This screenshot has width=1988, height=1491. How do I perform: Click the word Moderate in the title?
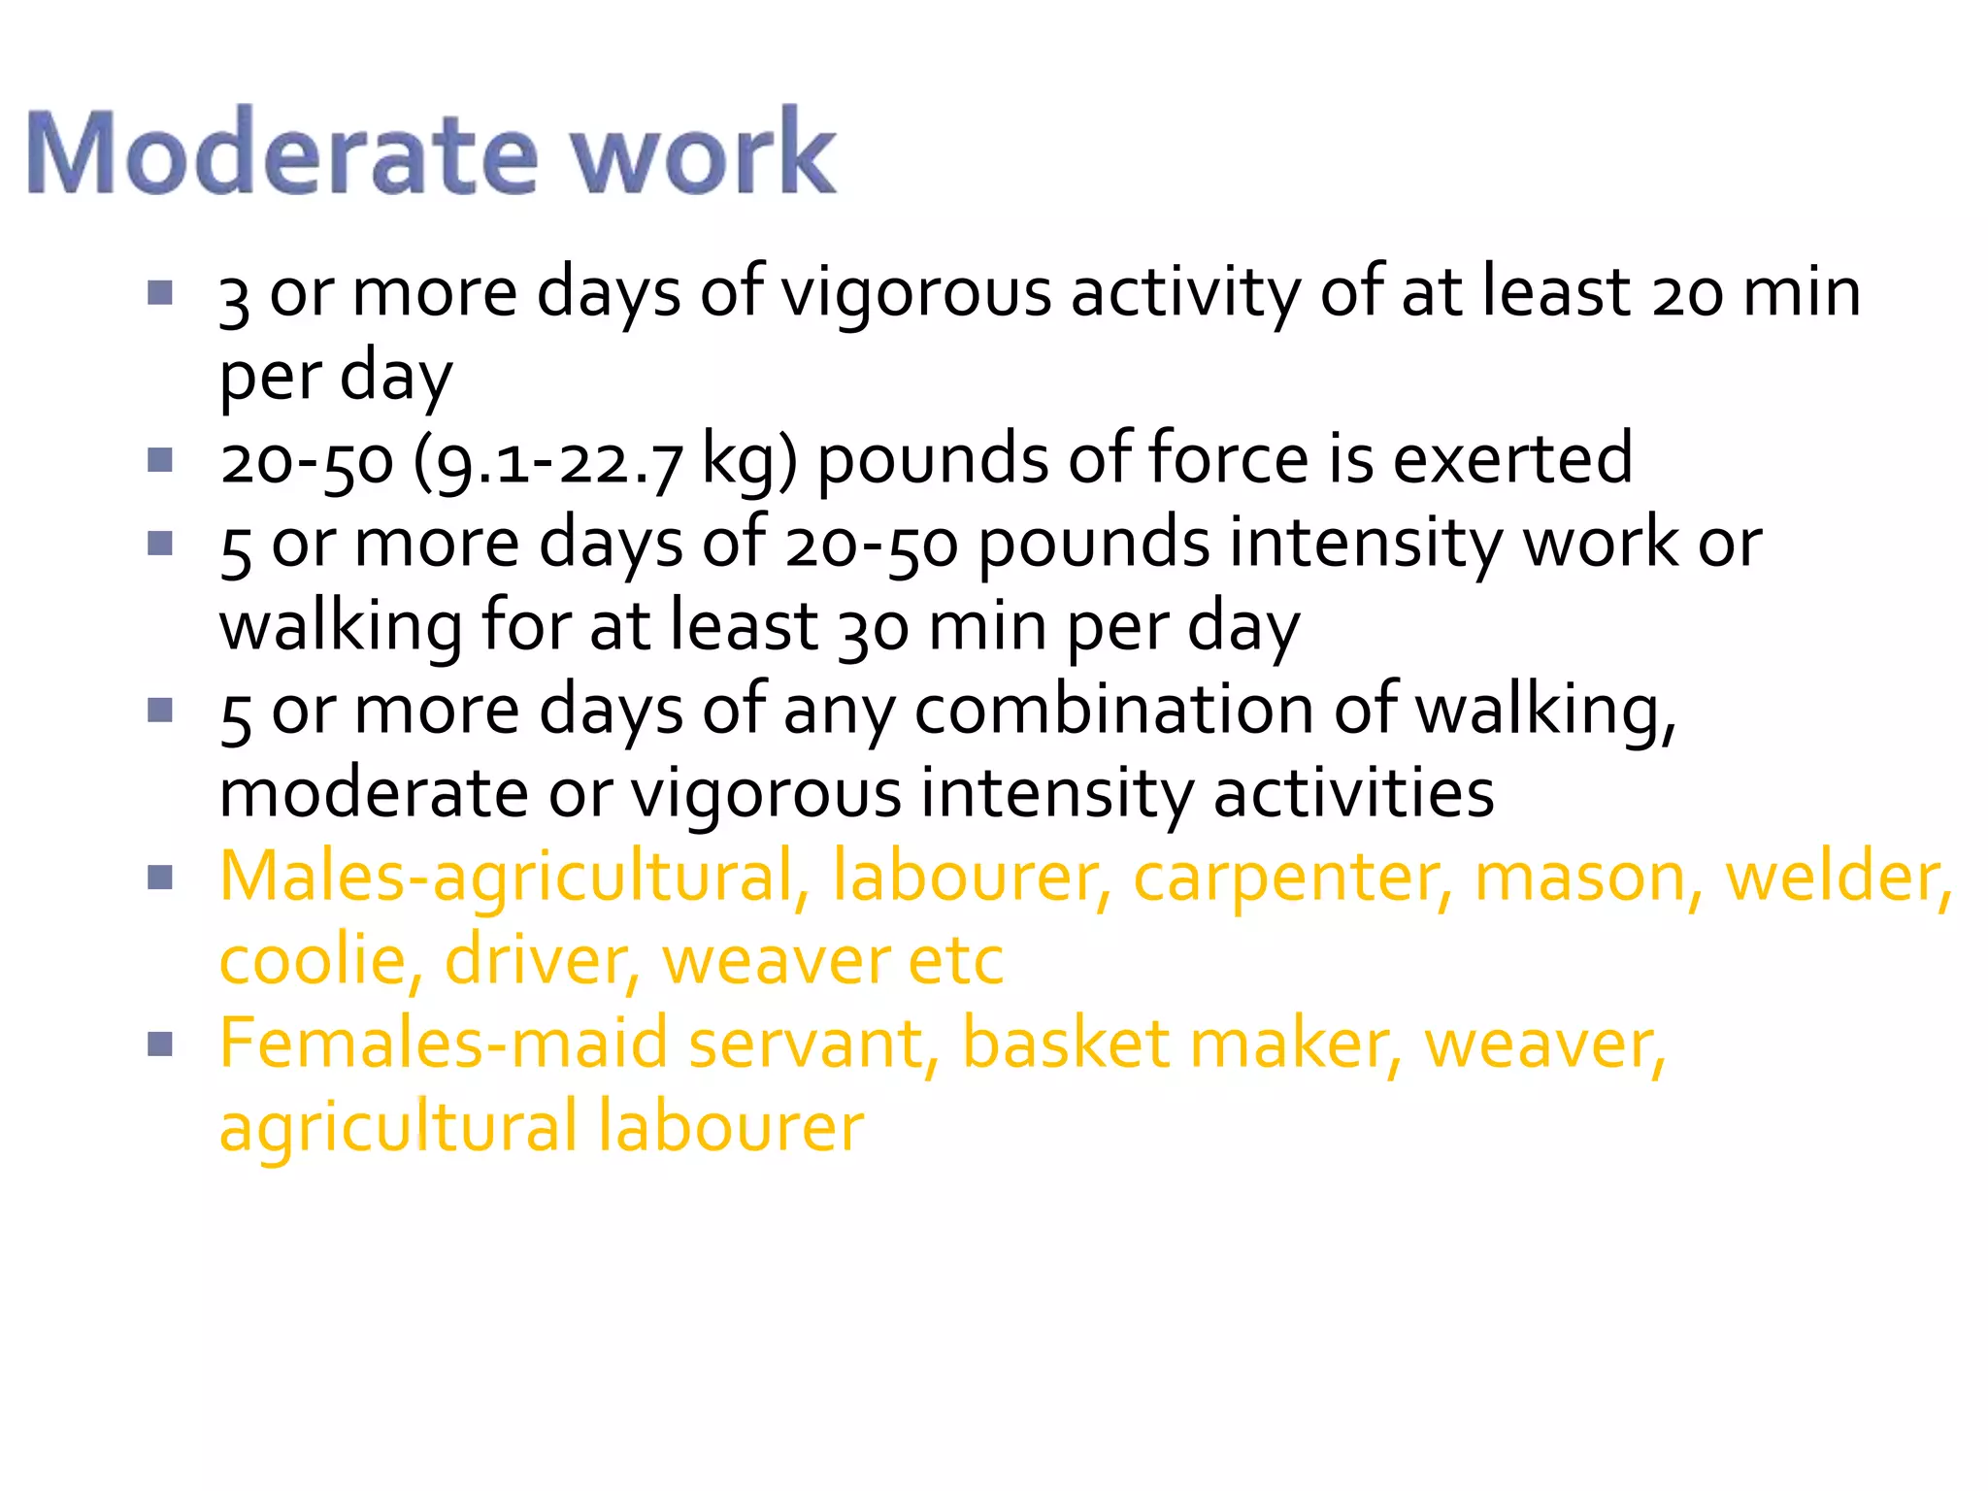pyautogui.click(x=282, y=153)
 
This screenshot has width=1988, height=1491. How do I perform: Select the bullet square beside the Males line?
pyautogui.click(x=160, y=878)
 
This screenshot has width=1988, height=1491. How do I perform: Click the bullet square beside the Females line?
pyautogui.click(x=160, y=1044)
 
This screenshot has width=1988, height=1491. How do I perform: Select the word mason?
pyautogui.click(x=1588, y=878)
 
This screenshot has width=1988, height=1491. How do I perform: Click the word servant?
pyautogui.click(x=807, y=1044)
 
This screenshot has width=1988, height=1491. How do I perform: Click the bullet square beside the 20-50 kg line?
pyautogui.click(x=160, y=460)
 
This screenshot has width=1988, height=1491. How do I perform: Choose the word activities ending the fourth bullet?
pyautogui.click(x=1353, y=794)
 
